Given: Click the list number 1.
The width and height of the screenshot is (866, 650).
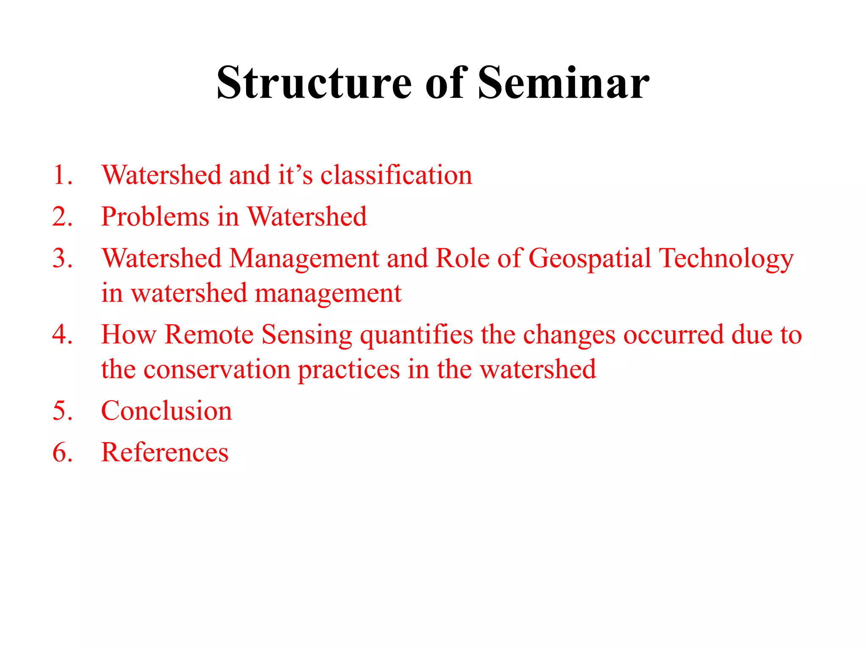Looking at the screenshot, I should click(x=63, y=175).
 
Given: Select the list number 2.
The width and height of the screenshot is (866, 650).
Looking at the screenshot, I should click(x=63, y=217).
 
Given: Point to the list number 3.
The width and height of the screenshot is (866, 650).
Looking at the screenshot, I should click(x=63, y=258).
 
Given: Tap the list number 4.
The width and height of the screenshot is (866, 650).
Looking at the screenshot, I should click(x=63, y=334).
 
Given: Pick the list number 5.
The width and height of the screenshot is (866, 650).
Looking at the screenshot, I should click(x=63, y=410).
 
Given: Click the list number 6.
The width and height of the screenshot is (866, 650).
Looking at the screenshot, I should click(x=63, y=452).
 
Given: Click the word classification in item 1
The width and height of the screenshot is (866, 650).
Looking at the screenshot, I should click(x=396, y=175).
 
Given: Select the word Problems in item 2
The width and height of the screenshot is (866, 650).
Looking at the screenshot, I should click(x=155, y=217).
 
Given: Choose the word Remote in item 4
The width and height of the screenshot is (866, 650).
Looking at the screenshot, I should click(x=209, y=334).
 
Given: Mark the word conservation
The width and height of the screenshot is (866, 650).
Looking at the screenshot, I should click(x=217, y=369).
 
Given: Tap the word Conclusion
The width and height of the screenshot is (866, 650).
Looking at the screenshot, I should click(x=167, y=410).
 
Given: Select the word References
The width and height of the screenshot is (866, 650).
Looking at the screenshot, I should click(x=165, y=452).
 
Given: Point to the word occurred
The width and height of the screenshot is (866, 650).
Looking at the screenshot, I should click(x=674, y=334).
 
